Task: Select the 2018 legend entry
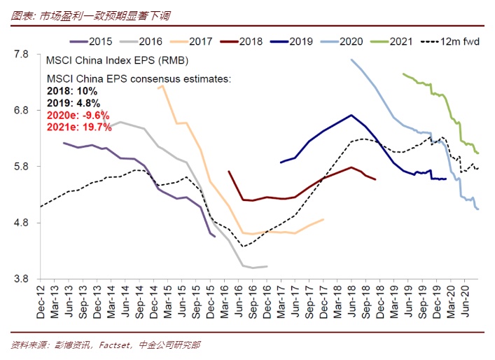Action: click(x=242, y=41)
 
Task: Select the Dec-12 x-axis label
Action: click(x=41, y=303)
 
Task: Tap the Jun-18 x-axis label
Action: click(x=351, y=303)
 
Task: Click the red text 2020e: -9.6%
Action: click(x=78, y=115)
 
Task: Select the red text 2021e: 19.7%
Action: click(x=79, y=127)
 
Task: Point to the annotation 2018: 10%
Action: click(x=71, y=91)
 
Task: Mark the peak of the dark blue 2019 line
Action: click(x=351, y=115)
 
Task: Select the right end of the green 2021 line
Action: click(x=478, y=153)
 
